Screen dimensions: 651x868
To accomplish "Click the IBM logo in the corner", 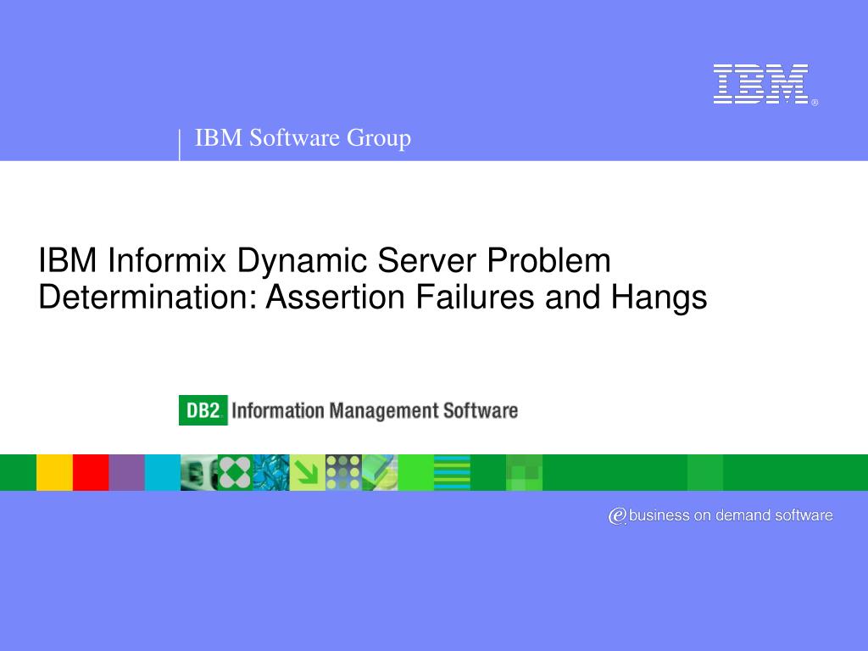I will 760,84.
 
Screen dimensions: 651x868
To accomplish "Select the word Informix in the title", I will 167,260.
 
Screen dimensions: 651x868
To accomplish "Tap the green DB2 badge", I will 203,411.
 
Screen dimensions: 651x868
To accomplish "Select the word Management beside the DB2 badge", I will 381,412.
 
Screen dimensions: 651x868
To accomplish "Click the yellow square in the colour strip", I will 54,472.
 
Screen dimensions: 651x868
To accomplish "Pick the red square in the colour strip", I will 91,472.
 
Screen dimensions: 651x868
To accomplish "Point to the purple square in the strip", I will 126,472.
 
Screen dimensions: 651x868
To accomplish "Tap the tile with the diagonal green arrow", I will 307,472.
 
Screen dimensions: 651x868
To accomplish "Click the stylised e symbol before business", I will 617,515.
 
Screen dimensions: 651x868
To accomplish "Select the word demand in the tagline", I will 742,515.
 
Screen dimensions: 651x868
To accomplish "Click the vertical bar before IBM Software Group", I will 180,144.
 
